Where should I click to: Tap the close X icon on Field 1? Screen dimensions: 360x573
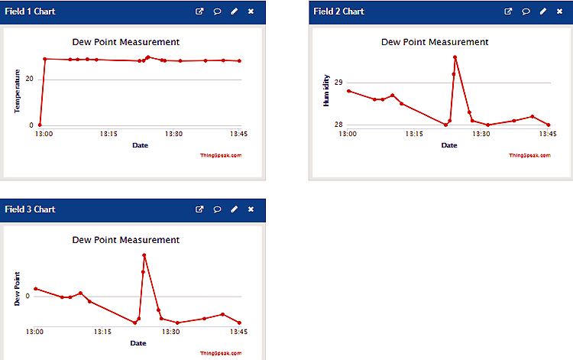pos(251,12)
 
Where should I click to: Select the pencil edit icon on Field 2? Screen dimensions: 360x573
pos(542,12)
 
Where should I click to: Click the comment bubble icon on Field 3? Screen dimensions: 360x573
pos(217,209)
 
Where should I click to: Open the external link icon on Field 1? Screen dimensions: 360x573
pos(200,12)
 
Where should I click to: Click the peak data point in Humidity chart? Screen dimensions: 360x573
pos(455,57)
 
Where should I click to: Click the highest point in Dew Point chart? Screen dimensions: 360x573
pos(144,255)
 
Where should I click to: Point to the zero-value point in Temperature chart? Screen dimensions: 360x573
pos(40,125)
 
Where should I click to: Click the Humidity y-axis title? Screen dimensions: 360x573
pos(326,90)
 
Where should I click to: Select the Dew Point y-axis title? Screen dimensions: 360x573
pos(16,288)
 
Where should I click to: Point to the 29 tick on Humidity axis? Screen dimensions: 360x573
pos(339,83)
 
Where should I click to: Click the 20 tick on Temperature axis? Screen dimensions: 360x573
pos(30,79)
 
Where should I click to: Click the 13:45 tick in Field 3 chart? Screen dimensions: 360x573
pos(238,332)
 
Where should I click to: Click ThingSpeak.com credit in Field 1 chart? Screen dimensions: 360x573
pos(221,155)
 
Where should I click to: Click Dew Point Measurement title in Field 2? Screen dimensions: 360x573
pos(435,42)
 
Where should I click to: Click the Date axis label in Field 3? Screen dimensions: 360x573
pos(138,343)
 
